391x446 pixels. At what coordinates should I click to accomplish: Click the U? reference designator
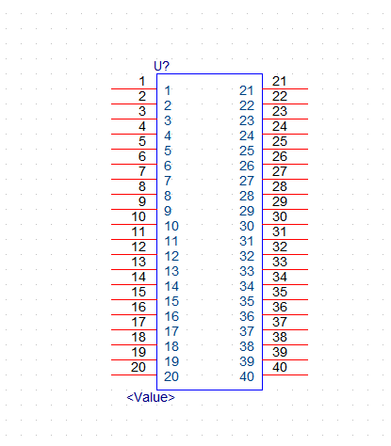161,66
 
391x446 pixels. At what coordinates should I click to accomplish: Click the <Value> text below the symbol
151,397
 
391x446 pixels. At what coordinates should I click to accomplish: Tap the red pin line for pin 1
134,89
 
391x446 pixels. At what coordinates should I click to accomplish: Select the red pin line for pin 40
285,374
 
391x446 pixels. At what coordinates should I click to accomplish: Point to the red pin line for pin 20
134,374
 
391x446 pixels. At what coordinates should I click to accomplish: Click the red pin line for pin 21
285,89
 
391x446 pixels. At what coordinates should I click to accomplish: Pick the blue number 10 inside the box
171,226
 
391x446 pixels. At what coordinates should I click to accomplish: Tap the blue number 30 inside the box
247,226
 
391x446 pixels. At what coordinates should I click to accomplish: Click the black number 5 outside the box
142,141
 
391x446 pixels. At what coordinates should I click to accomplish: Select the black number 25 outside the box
280,141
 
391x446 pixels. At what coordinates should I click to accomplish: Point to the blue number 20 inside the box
171,376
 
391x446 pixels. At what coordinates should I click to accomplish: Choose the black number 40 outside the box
280,367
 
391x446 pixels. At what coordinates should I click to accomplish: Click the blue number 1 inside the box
168,90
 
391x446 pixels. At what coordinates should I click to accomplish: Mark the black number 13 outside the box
138,262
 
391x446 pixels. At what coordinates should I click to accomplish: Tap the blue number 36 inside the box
247,316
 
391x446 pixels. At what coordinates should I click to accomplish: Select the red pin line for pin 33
285,270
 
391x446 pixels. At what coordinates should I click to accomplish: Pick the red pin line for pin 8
134,195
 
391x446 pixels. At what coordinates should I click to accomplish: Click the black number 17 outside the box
138,322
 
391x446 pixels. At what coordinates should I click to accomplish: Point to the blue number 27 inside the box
247,181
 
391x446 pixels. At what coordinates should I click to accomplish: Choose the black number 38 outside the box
280,337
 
